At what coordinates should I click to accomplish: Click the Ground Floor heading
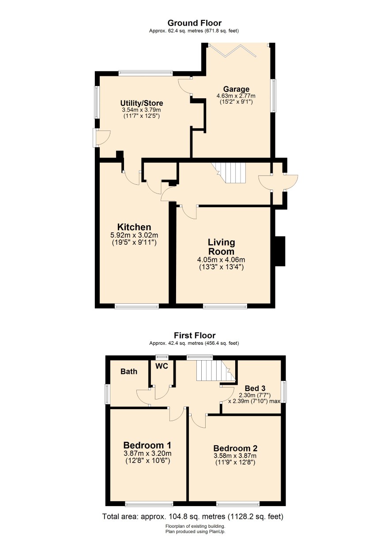pyautogui.click(x=195, y=23)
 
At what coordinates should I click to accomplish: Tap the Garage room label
pyautogui.click(x=236, y=89)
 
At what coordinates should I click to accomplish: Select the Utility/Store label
pyautogui.click(x=142, y=103)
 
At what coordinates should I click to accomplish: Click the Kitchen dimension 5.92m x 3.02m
pyautogui.click(x=135, y=235)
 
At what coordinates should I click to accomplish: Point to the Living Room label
pyautogui.click(x=221, y=247)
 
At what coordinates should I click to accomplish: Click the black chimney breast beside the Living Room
pyautogui.click(x=280, y=251)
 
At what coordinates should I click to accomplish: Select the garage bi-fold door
pyautogui.click(x=239, y=51)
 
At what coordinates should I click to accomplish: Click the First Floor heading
pyautogui.click(x=195, y=335)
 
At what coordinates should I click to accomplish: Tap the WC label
pyautogui.click(x=162, y=366)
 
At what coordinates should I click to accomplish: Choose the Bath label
pyautogui.click(x=129, y=372)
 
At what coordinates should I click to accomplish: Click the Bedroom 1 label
pyautogui.click(x=147, y=445)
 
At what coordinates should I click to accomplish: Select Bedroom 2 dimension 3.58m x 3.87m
pyautogui.click(x=235, y=456)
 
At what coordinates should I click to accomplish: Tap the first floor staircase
pyautogui.click(x=216, y=370)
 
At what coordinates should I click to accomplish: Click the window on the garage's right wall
pyautogui.click(x=273, y=95)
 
